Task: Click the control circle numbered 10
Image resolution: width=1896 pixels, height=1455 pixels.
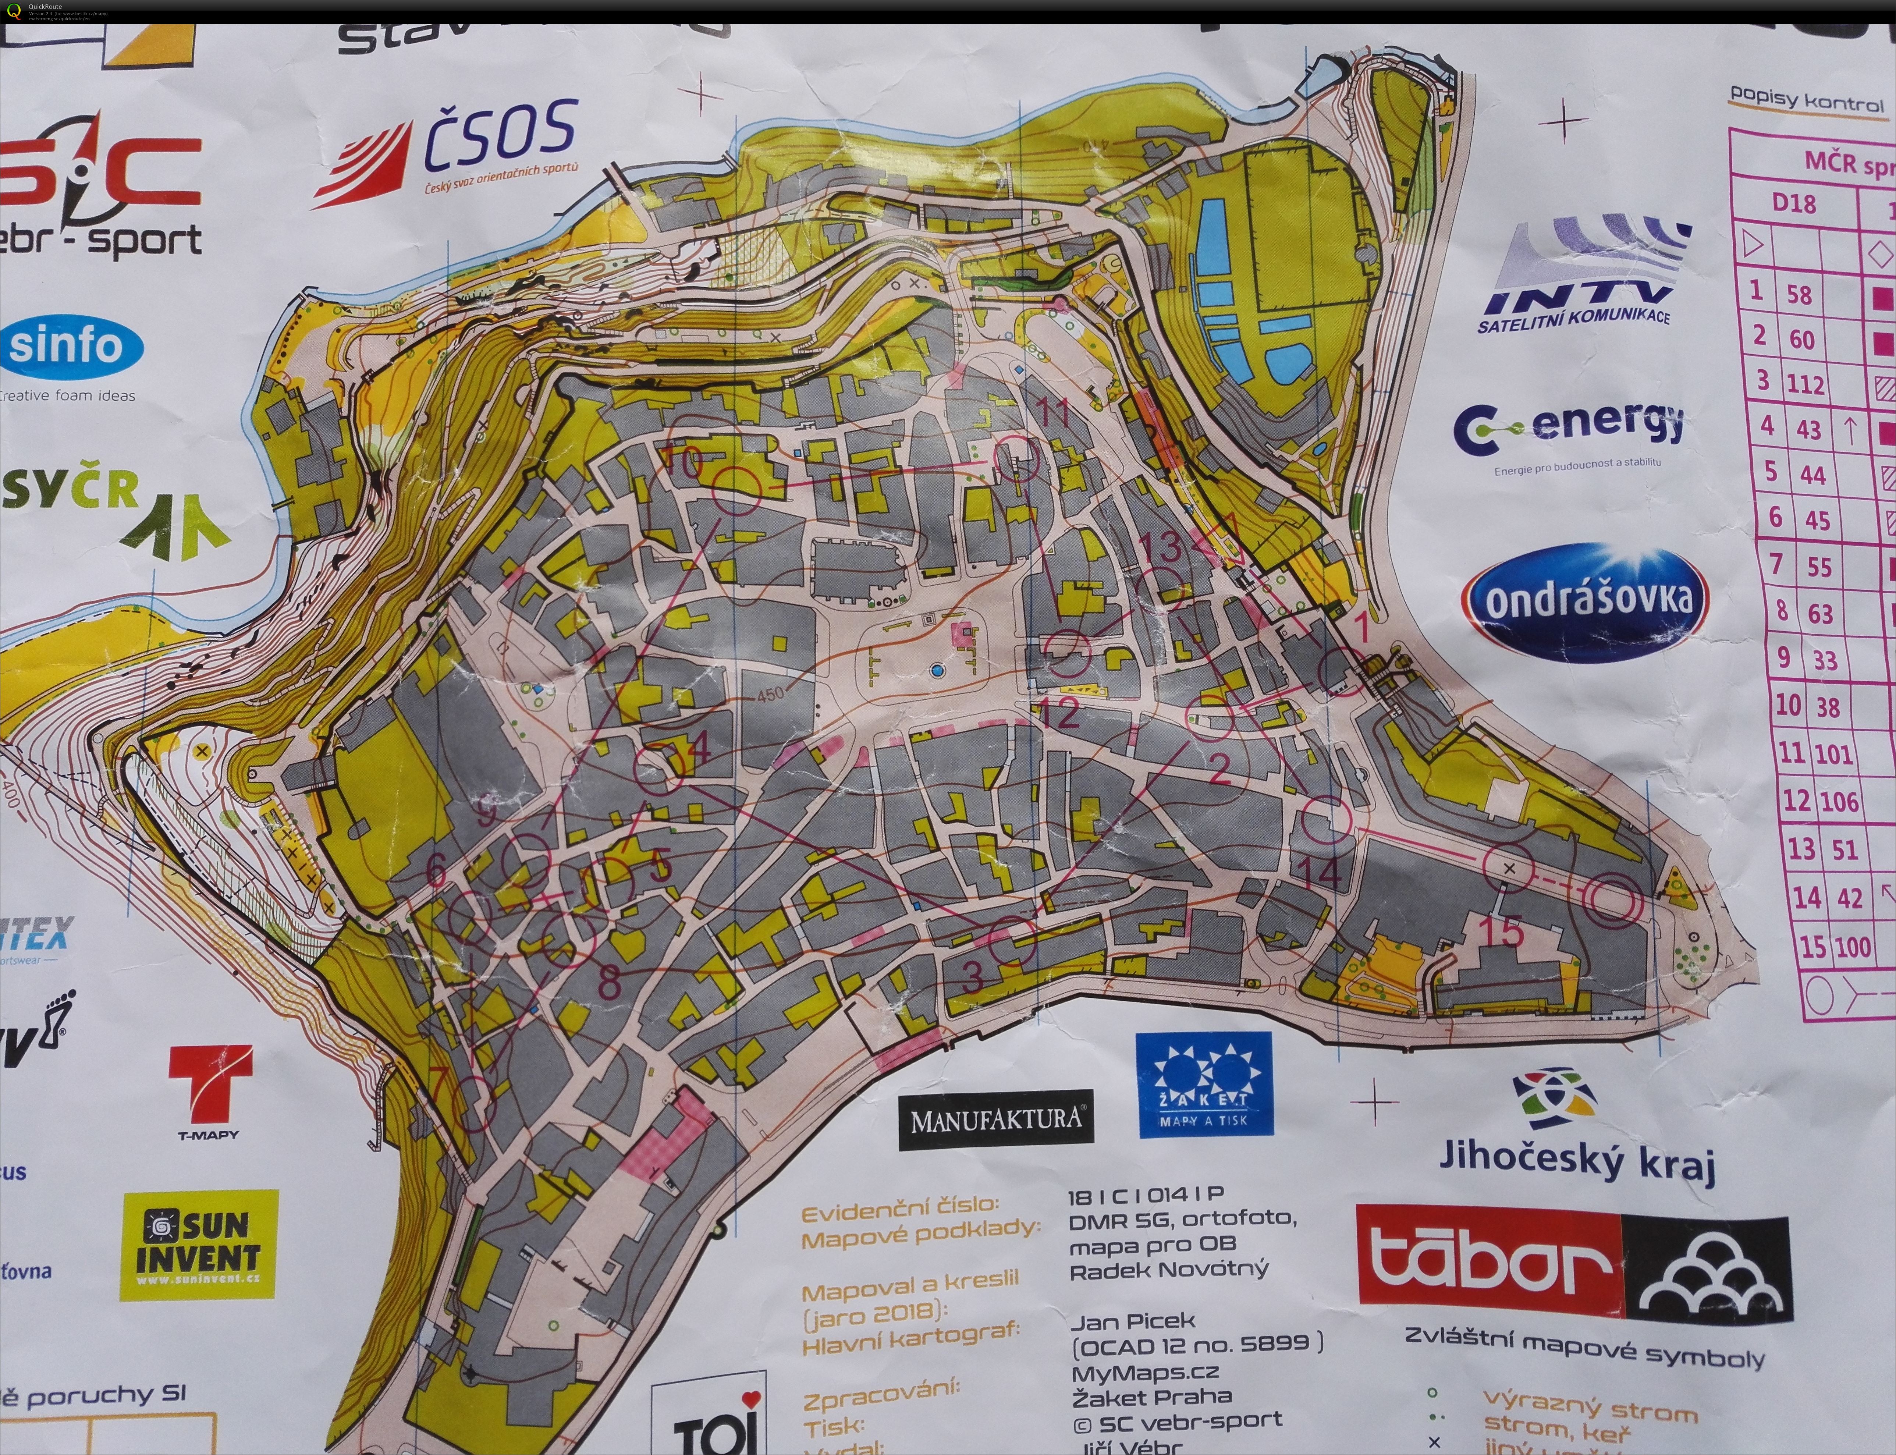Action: coord(737,490)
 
